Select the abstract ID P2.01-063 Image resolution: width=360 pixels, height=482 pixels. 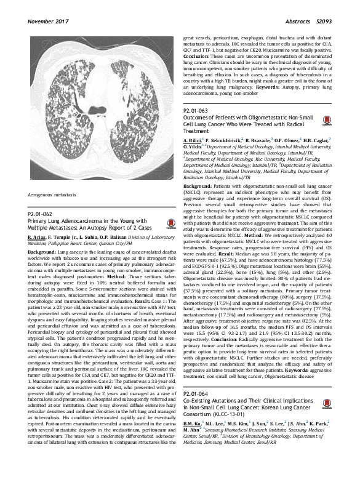[198, 111]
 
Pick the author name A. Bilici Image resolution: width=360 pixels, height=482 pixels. [194, 141]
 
